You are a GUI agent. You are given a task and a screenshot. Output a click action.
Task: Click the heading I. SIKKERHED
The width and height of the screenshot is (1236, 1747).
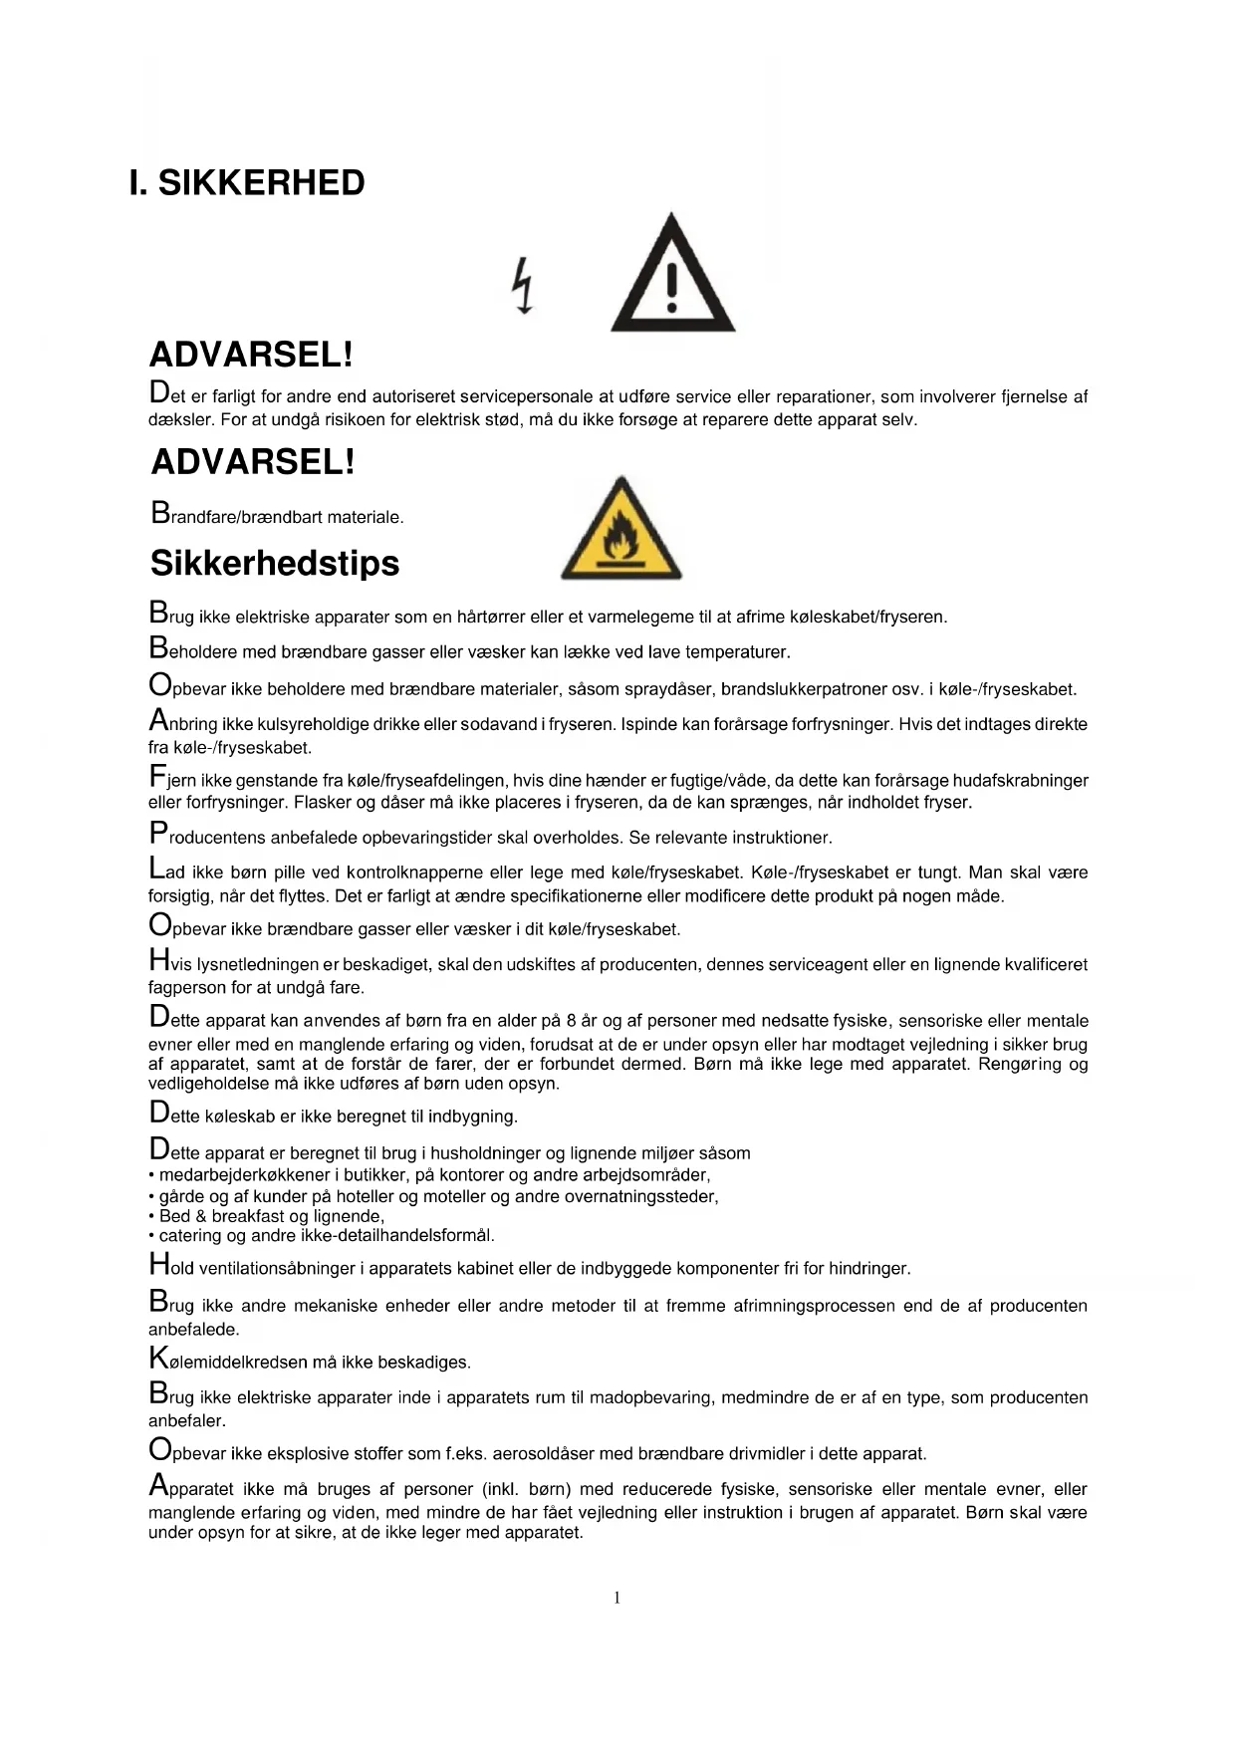[247, 183]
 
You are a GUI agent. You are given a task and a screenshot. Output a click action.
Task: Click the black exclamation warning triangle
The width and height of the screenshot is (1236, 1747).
[672, 276]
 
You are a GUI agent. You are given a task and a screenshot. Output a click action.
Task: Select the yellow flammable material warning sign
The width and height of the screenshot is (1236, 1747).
[621, 530]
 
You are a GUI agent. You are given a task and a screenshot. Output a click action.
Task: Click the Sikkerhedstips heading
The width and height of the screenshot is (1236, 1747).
[275, 564]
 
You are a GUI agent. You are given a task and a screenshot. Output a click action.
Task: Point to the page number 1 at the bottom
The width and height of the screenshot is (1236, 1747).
[618, 1599]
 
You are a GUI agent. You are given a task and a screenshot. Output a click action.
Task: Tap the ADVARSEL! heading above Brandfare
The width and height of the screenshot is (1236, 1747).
[253, 462]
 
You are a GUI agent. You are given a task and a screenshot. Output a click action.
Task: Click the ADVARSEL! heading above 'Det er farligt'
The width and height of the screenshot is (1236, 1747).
[251, 355]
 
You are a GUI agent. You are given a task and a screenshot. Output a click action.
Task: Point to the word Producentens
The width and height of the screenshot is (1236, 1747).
[208, 837]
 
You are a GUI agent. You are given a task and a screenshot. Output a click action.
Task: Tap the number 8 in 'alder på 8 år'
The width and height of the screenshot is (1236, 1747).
[571, 1021]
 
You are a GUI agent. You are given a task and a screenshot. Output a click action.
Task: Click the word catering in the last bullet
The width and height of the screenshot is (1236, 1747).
[190, 1236]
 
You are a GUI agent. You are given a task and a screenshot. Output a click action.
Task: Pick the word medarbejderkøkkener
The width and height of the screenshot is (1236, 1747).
[244, 1175]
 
